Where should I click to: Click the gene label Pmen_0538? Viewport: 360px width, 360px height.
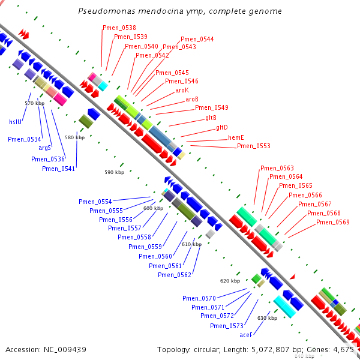119,28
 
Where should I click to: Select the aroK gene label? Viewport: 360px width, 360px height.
182,90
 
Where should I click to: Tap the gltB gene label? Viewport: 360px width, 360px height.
211,118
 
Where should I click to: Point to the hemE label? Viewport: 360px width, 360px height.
236,137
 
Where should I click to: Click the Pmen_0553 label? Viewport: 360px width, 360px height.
253,146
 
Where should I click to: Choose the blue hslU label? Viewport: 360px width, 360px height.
15,122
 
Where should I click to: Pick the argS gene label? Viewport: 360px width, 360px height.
46,148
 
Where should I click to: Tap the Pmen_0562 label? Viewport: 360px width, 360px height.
175,275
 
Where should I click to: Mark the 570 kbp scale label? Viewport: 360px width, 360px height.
34,103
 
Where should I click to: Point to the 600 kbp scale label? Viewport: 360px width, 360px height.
153,208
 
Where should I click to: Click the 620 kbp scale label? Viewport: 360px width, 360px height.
230,281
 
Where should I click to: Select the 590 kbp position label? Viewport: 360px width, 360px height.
114,172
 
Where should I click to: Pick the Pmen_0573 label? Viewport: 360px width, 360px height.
226,326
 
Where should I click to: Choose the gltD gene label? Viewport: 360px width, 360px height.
221,127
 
